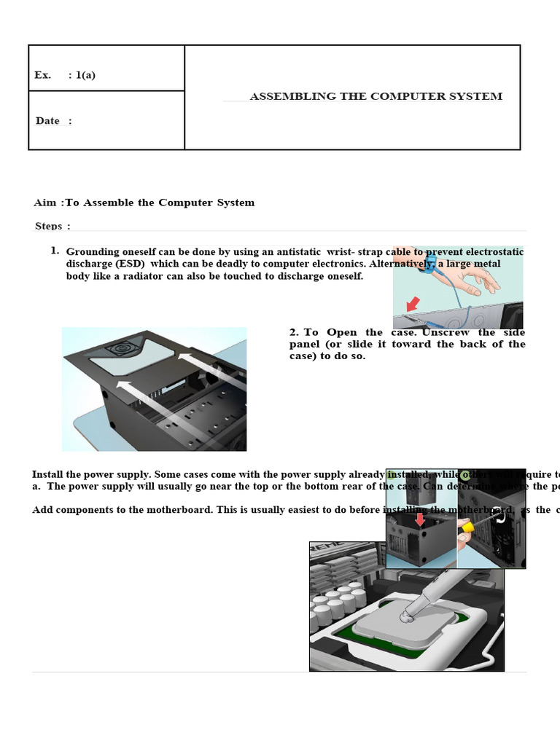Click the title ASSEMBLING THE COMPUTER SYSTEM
coord(376,96)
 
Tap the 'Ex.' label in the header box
coord(42,75)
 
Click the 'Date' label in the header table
coord(47,121)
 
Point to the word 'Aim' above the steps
coord(44,203)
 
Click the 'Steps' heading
coord(48,226)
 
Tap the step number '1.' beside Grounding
coord(55,251)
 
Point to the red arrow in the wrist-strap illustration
coord(413,303)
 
